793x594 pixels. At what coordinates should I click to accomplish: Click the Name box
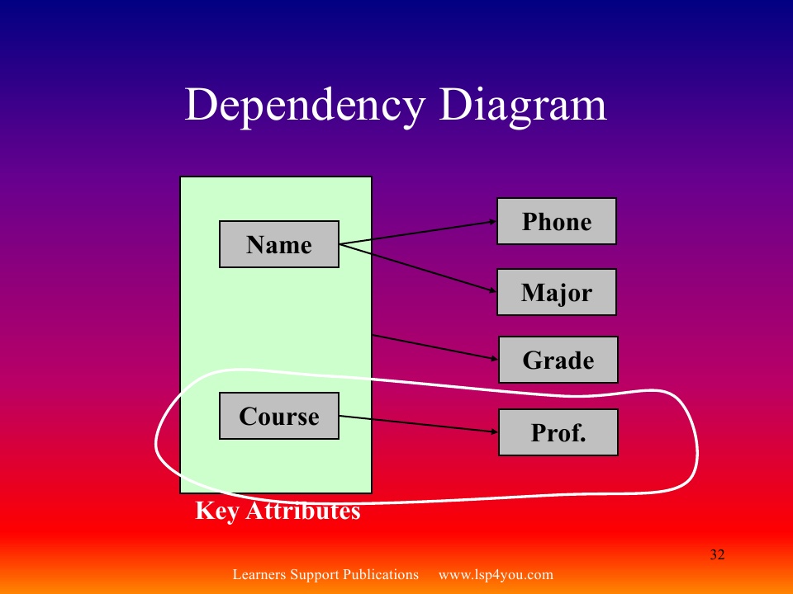tap(279, 244)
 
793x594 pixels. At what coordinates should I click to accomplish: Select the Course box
tap(279, 416)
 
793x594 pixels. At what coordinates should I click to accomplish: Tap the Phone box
tap(557, 221)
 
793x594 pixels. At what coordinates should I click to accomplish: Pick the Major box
tap(557, 292)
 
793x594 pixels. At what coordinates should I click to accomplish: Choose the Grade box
tap(558, 360)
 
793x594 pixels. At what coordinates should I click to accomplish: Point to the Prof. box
tap(558, 432)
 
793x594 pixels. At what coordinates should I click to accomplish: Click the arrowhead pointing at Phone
tap(491, 221)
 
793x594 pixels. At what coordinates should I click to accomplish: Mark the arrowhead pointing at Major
tap(491, 290)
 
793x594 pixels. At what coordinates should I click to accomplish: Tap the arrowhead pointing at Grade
tap(492, 359)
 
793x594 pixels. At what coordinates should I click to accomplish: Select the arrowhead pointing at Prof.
tap(492, 431)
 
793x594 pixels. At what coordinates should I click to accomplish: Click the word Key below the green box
tap(216, 511)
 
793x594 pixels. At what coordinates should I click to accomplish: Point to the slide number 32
tap(717, 554)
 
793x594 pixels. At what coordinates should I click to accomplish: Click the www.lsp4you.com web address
tap(496, 575)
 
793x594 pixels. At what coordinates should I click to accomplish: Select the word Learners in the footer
tap(259, 575)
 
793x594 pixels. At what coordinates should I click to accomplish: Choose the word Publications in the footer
tap(381, 575)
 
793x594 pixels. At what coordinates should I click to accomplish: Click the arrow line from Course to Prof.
tap(417, 423)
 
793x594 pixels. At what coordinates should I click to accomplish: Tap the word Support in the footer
tap(314, 575)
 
